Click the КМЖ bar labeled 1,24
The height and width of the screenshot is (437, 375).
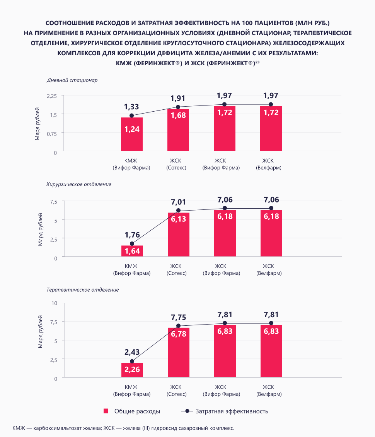click(132, 134)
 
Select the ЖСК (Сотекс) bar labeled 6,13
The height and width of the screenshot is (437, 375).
click(178, 234)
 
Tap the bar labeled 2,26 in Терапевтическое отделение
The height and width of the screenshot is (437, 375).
click(132, 370)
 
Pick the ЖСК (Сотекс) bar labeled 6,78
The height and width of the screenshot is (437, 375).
click(178, 352)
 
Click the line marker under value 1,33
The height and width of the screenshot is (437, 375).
click(132, 116)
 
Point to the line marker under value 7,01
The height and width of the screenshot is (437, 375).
click(178, 211)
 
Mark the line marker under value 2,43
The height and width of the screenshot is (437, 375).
click(132, 361)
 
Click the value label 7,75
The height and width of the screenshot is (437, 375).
click(178, 317)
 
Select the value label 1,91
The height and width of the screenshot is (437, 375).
click(178, 98)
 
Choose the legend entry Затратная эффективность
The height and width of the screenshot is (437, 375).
click(226, 411)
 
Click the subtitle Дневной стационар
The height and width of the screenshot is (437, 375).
click(72, 80)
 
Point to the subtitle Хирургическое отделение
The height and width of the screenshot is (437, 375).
click(79, 184)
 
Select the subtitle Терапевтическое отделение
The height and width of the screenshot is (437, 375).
click(82, 289)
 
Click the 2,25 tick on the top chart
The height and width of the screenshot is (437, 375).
click(51, 95)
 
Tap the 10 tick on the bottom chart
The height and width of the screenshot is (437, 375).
click(54, 303)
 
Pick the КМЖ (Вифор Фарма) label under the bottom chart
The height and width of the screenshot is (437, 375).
click(132, 391)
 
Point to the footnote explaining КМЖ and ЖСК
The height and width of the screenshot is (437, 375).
click(123, 428)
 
